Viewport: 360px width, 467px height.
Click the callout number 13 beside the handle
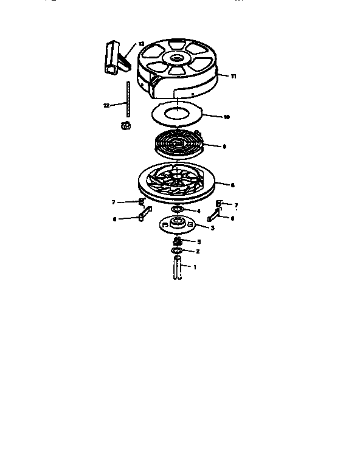[x=141, y=44]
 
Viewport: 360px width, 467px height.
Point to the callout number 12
[x=106, y=105]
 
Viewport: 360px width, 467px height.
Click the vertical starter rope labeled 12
[x=128, y=101]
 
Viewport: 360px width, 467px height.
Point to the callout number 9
[x=224, y=146]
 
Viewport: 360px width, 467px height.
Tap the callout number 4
[x=198, y=211]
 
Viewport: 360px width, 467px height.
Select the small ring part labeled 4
[x=178, y=210]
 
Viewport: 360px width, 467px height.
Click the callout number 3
[x=212, y=228]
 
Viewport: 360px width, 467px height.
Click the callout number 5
[x=198, y=241]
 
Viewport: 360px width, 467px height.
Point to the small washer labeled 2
[x=177, y=251]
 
